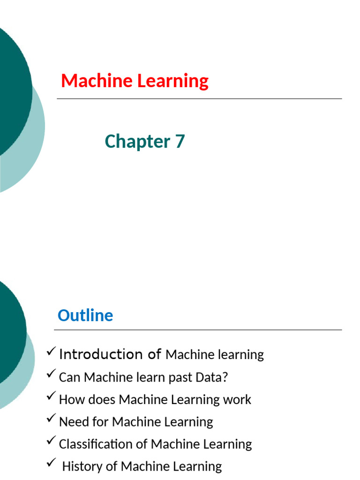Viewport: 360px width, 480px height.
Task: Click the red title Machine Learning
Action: tap(135, 81)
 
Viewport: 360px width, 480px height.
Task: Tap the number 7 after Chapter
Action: tap(180, 141)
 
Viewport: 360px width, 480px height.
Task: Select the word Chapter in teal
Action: tap(137, 142)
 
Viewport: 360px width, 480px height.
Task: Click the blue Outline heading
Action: tap(85, 315)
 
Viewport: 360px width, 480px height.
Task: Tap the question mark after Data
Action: tap(225, 377)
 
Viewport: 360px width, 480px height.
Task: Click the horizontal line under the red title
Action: tap(199, 99)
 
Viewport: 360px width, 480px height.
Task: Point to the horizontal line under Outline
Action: tap(198, 330)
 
